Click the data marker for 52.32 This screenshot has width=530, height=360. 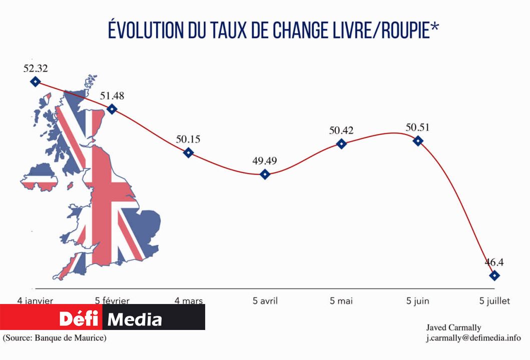pos(35,81)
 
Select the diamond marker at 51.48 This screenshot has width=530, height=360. pos(112,108)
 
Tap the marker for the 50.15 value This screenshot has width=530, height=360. pos(188,152)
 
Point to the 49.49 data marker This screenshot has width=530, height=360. pos(265,174)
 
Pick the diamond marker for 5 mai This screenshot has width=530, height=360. pos(341,144)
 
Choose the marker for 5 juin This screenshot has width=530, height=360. pos(418,140)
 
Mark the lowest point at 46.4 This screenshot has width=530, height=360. pos(494,275)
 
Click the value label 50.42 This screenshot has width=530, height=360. pos(341,131)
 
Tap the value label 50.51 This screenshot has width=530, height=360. pos(418,127)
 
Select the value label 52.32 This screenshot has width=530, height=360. pos(36,68)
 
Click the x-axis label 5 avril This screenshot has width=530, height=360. pos(265,301)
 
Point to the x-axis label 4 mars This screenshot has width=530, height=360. pos(189,301)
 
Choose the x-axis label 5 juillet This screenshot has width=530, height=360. pos(494,301)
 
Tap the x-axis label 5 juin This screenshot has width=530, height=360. pos(417,301)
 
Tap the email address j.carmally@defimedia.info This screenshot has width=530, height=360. pos(473,338)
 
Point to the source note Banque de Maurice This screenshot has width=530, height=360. pos(55,338)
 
